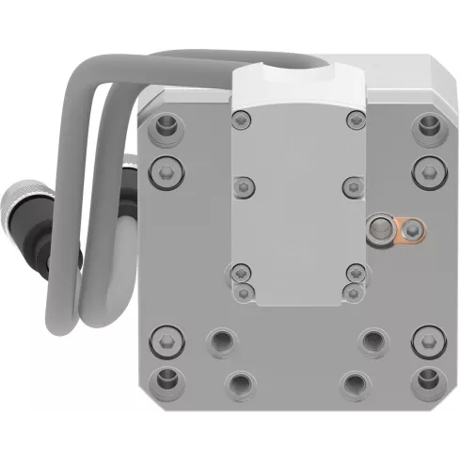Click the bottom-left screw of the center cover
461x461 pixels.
click(x=243, y=293)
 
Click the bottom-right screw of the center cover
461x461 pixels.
click(x=355, y=293)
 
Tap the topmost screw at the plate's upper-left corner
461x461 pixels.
click(x=167, y=124)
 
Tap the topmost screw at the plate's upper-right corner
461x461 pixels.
click(x=429, y=124)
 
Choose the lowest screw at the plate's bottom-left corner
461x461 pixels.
click(x=167, y=380)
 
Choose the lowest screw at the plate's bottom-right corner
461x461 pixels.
click(x=429, y=380)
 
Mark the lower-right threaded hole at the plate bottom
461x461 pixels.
click(x=355, y=383)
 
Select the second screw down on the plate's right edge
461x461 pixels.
click(x=429, y=170)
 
